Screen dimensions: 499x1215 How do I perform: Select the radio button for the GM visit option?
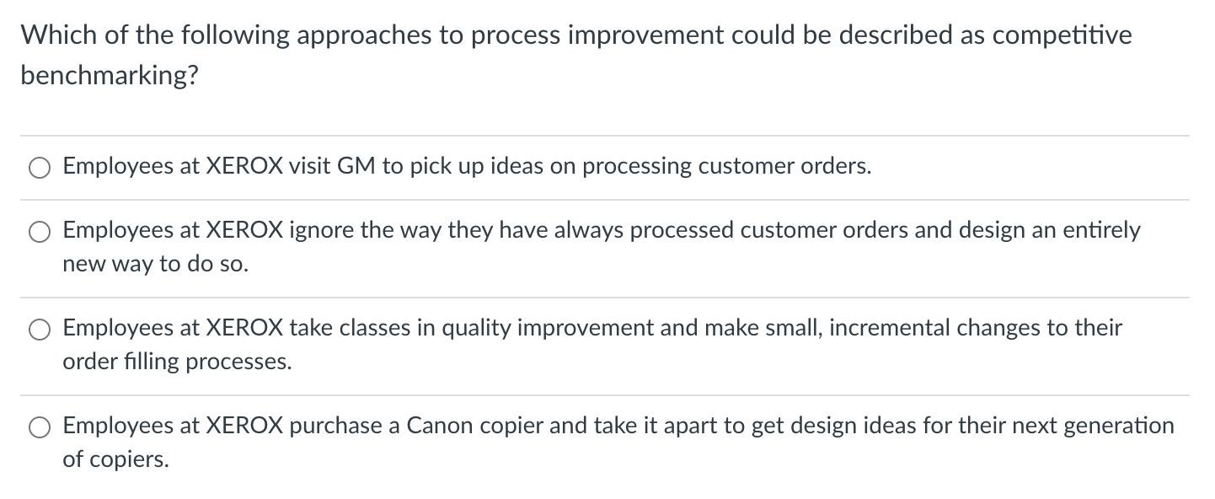[x=40, y=168]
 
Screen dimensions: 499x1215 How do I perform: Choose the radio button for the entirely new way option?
[x=40, y=231]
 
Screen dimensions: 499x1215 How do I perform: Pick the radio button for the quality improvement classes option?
[x=40, y=329]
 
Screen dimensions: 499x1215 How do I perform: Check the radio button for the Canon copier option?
[x=40, y=427]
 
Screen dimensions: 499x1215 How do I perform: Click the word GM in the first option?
[x=356, y=166]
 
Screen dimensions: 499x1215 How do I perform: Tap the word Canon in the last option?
[x=438, y=425]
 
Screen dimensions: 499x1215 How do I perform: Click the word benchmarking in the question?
[x=110, y=76]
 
